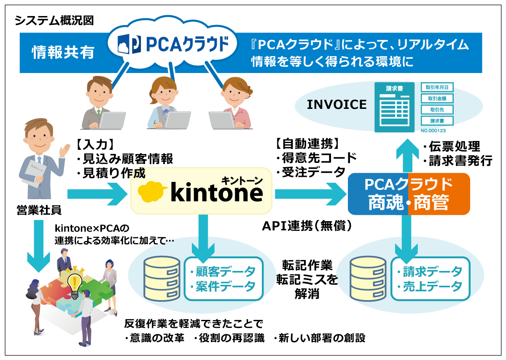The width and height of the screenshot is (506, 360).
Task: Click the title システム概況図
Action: [x=54, y=21]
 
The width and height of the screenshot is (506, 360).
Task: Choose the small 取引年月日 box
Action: [x=437, y=88]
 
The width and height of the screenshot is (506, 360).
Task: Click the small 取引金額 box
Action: [x=437, y=99]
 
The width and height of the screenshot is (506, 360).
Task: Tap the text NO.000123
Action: [x=437, y=130]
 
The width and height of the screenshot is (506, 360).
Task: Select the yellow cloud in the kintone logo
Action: [x=153, y=193]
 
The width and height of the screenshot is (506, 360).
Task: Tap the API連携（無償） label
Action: [x=307, y=227]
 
